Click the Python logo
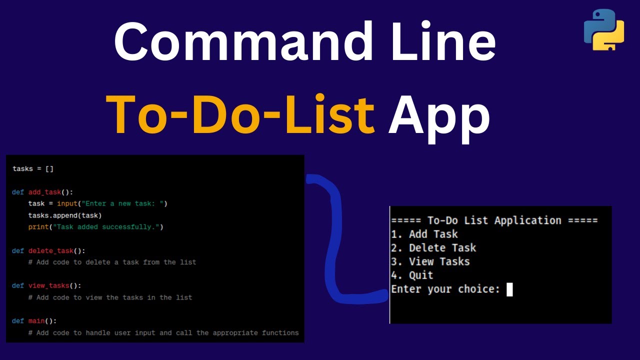tap(604, 29)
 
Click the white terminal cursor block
tap(509, 289)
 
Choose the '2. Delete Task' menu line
tap(433, 248)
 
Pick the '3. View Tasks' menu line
tap(430, 261)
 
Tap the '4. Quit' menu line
tap(412, 275)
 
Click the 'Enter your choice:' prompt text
tap(445, 289)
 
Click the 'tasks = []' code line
tap(32, 169)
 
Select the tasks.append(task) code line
tap(65, 215)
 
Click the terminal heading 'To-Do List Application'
tap(494, 220)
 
